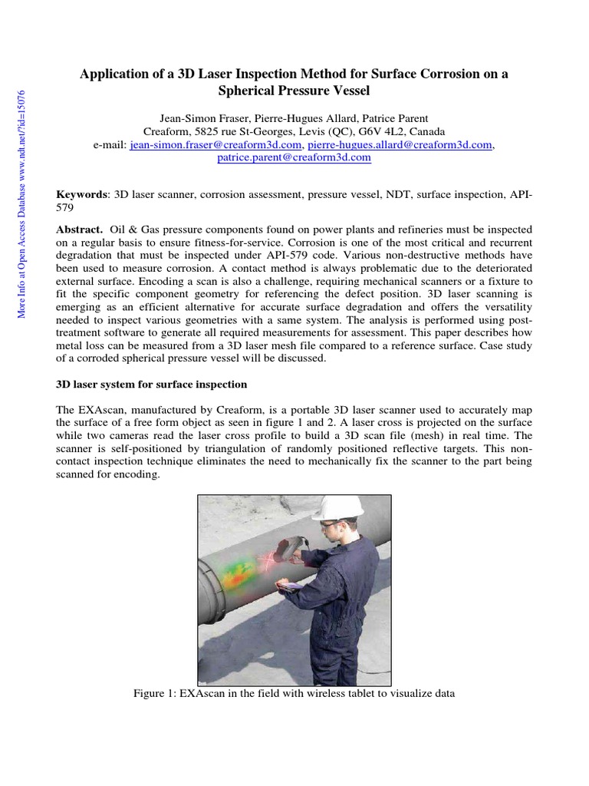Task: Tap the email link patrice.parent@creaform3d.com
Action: click(x=294, y=157)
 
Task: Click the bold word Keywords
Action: click(x=84, y=195)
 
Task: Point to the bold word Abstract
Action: click(x=80, y=230)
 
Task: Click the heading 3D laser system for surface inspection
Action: click(x=152, y=383)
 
